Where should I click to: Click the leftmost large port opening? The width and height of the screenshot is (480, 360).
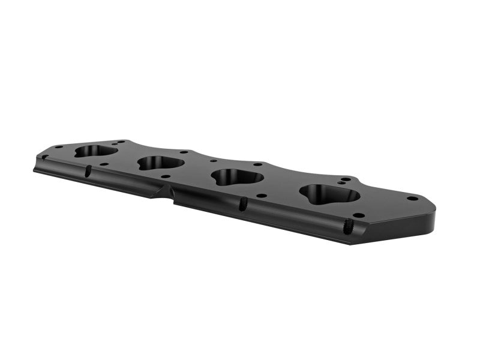coord(96,151)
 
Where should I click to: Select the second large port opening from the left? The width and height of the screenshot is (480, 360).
coord(160,163)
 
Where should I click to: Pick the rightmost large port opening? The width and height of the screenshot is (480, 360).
coord(329,193)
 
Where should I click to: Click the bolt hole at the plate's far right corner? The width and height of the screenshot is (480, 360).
coord(412,198)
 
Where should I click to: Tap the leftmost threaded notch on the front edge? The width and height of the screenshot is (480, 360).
coord(88,171)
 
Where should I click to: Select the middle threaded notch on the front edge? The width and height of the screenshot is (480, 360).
coord(243,204)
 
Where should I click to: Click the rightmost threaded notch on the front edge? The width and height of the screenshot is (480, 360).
coord(347,226)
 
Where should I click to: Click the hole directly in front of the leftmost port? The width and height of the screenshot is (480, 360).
coord(104,164)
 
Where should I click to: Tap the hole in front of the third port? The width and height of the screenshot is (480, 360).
coord(262,195)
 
